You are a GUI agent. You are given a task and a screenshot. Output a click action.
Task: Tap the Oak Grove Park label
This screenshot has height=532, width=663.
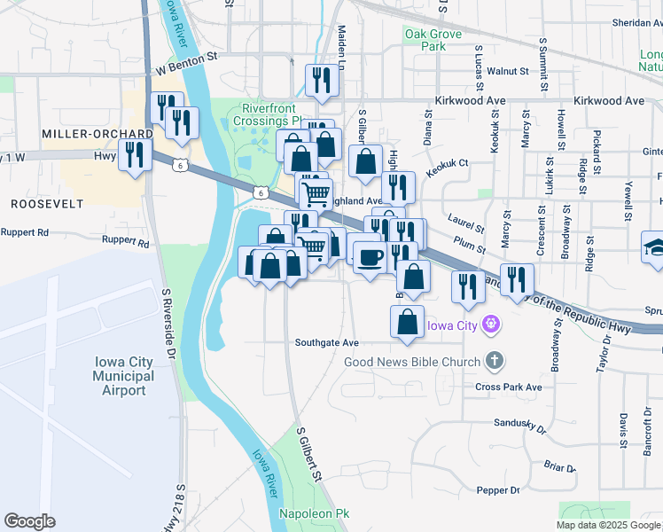click(425, 40)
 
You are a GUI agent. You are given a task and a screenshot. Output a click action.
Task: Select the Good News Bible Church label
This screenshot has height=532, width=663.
click(412, 361)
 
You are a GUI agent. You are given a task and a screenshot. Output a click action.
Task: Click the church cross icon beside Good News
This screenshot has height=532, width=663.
click(495, 361)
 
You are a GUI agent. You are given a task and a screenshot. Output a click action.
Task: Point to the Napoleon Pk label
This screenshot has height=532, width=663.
click(315, 514)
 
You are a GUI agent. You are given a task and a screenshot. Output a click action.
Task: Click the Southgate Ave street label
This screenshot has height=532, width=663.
click(326, 342)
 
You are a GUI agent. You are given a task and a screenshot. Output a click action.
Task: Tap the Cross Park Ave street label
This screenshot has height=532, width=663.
click(508, 387)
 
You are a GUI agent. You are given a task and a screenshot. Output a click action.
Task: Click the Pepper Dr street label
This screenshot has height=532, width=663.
click(497, 490)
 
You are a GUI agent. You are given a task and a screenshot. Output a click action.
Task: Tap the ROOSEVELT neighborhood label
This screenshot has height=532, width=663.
click(46, 204)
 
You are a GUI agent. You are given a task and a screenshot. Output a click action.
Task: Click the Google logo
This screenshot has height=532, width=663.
click(29, 521)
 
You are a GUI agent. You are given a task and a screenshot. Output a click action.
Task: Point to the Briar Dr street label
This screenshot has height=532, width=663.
click(559, 466)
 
